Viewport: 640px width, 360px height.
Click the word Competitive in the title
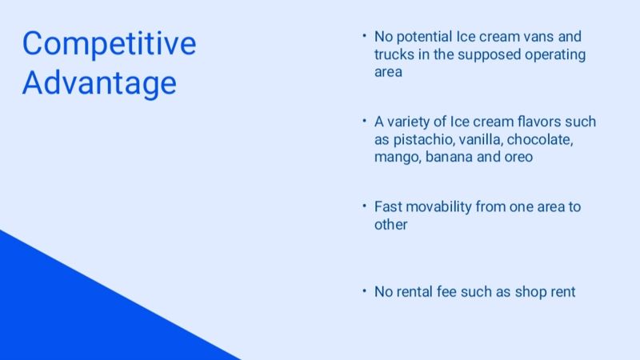109,44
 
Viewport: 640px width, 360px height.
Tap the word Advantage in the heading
99,83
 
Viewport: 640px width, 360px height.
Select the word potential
424,37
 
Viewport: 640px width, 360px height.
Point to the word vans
538,37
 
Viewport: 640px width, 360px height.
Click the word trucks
394,54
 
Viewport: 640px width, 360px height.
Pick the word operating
555,55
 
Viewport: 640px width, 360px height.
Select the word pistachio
424,139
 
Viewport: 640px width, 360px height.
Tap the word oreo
518,157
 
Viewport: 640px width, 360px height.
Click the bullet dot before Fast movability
364,206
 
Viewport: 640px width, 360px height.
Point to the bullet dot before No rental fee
364,291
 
